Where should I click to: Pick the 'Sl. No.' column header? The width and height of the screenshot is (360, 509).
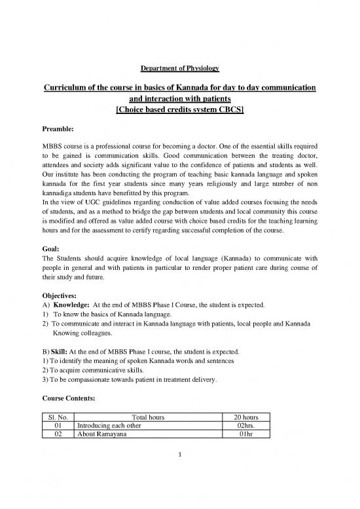click(56, 417)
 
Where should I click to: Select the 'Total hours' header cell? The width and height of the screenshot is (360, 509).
click(148, 417)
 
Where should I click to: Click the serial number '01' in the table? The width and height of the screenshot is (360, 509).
click(56, 427)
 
